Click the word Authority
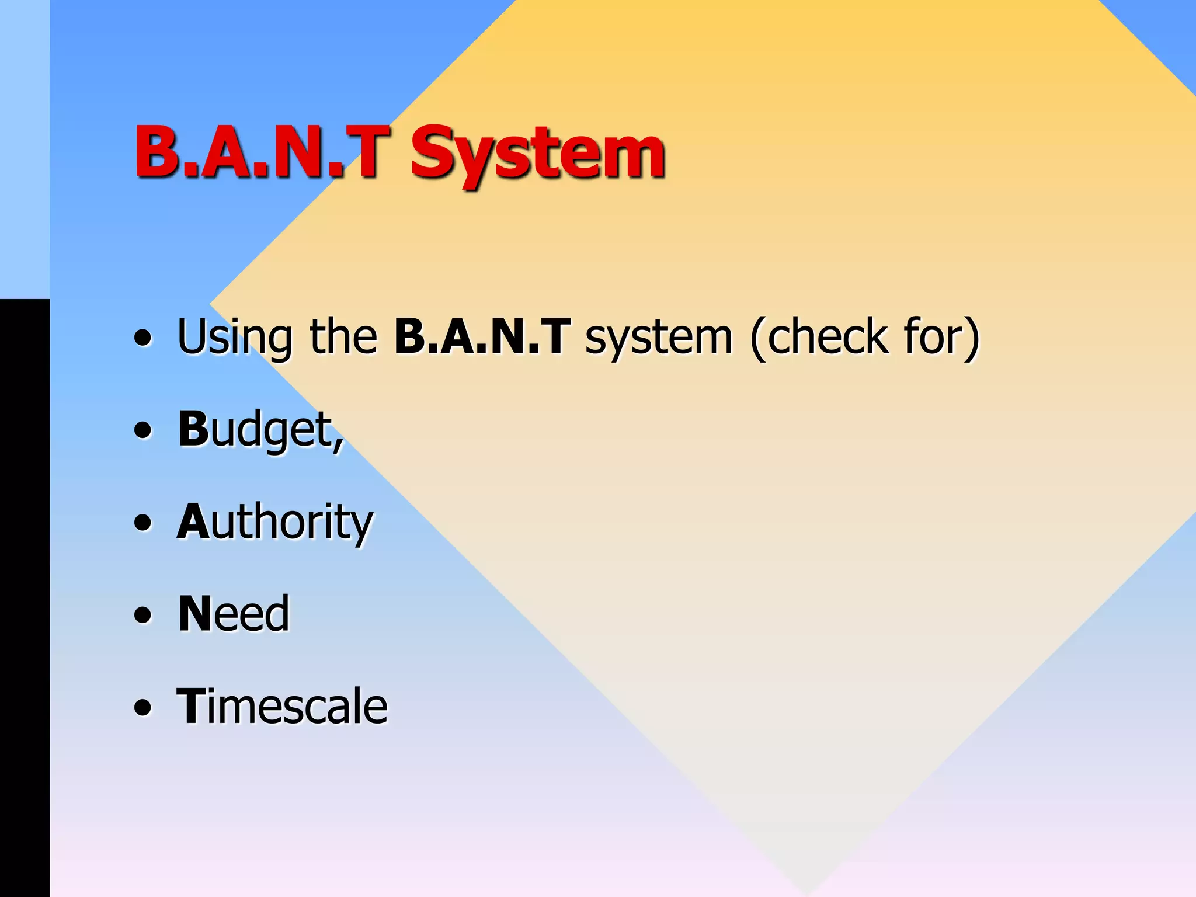tap(274, 521)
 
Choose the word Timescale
tap(282, 706)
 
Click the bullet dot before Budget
tap(142, 430)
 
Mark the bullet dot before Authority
tap(142, 522)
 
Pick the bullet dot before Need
tap(142, 614)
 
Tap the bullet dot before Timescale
tap(142, 707)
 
